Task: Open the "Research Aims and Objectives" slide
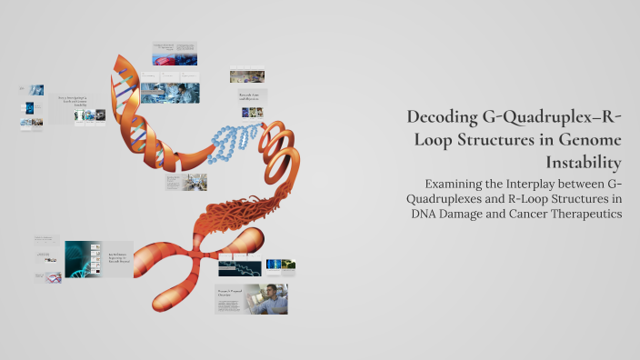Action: (x=247, y=93)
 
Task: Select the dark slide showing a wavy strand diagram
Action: (x=238, y=268)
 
